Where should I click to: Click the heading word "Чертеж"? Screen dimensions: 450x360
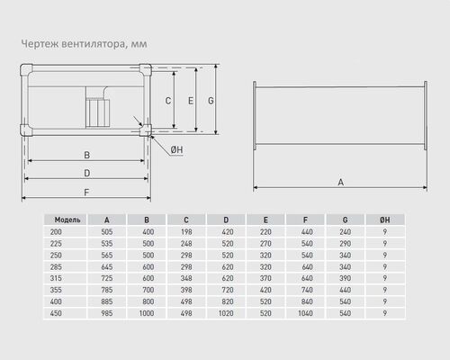tap(40, 44)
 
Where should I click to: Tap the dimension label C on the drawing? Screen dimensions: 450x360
tap(168, 101)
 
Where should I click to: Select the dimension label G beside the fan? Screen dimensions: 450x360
tap(211, 101)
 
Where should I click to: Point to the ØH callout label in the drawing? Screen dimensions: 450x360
tap(176, 149)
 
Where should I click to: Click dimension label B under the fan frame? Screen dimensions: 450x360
tap(86, 155)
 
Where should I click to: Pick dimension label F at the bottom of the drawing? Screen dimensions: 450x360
tap(86, 193)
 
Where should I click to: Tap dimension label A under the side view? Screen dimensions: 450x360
tap(341, 182)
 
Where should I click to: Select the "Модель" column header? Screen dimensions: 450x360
tap(67, 220)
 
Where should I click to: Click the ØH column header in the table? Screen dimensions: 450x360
tap(385, 220)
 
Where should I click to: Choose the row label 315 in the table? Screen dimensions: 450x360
tap(56, 278)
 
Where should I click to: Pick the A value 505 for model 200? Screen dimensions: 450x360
tap(107, 232)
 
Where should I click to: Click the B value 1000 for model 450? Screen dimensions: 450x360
tap(147, 313)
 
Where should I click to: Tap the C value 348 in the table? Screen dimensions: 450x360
tap(186, 278)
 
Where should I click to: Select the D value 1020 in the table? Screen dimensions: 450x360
tap(226, 313)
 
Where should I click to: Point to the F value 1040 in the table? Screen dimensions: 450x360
tap(305, 313)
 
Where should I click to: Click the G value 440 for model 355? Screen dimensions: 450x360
tap(346, 290)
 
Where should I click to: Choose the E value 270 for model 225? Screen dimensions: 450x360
tap(265, 243)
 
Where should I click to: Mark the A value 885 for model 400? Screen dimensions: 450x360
tap(107, 301)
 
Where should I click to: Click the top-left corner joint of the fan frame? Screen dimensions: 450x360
tap(26, 69)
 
